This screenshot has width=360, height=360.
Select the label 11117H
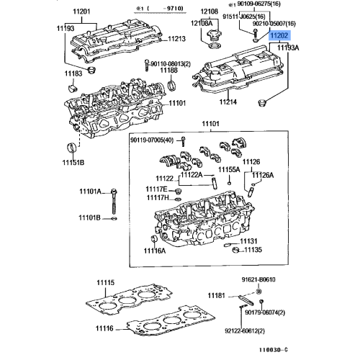157,197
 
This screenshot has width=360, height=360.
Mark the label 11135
252,251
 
